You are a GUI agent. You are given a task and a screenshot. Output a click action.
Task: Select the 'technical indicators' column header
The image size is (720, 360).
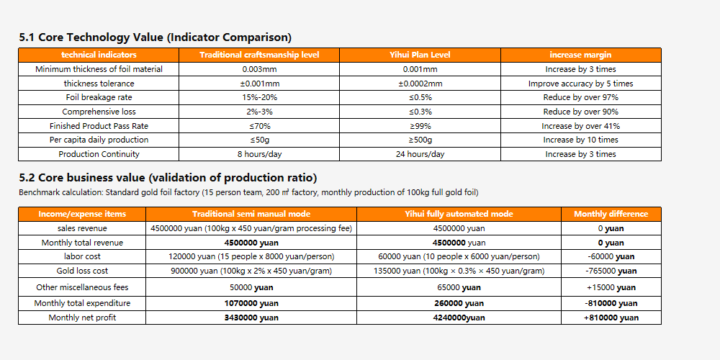click(99, 55)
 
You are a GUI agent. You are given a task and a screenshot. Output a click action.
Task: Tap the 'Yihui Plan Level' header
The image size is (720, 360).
click(420, 55)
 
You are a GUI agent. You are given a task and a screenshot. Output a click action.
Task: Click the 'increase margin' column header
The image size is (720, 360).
click(580, 55)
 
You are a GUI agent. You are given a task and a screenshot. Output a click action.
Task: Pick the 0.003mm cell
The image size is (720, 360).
click(259, 69)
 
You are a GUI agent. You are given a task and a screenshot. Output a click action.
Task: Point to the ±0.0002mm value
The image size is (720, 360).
click(420, 84)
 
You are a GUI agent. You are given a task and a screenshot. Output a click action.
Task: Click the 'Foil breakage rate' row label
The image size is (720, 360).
click(99, 97)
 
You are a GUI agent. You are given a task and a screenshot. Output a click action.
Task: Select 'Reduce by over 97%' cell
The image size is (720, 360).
click(580, 97)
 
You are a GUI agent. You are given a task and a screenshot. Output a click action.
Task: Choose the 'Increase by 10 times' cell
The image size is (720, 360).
click(580, 140)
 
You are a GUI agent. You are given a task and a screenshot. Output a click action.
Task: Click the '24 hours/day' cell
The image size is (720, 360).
click(420, 154)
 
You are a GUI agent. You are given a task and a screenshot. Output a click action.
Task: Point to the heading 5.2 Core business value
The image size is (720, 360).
click(168, 178)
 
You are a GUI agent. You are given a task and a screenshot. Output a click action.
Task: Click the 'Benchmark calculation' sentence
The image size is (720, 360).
click(248, 192)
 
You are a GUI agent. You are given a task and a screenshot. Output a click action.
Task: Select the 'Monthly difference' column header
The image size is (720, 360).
click(611, 214)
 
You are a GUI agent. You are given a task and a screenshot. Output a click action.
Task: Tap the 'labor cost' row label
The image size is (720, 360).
click(82, 256)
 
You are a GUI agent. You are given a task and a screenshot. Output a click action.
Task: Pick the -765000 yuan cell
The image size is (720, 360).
click(611, 271)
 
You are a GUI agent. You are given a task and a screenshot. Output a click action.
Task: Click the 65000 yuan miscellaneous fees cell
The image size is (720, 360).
click(458, 287)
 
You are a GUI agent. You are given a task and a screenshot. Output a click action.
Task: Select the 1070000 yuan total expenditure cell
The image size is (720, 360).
click(251, 303)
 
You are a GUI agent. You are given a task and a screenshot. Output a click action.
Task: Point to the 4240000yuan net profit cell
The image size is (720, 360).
click(458, 318)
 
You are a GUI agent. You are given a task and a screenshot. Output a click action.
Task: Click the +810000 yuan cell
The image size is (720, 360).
click(611, 318)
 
